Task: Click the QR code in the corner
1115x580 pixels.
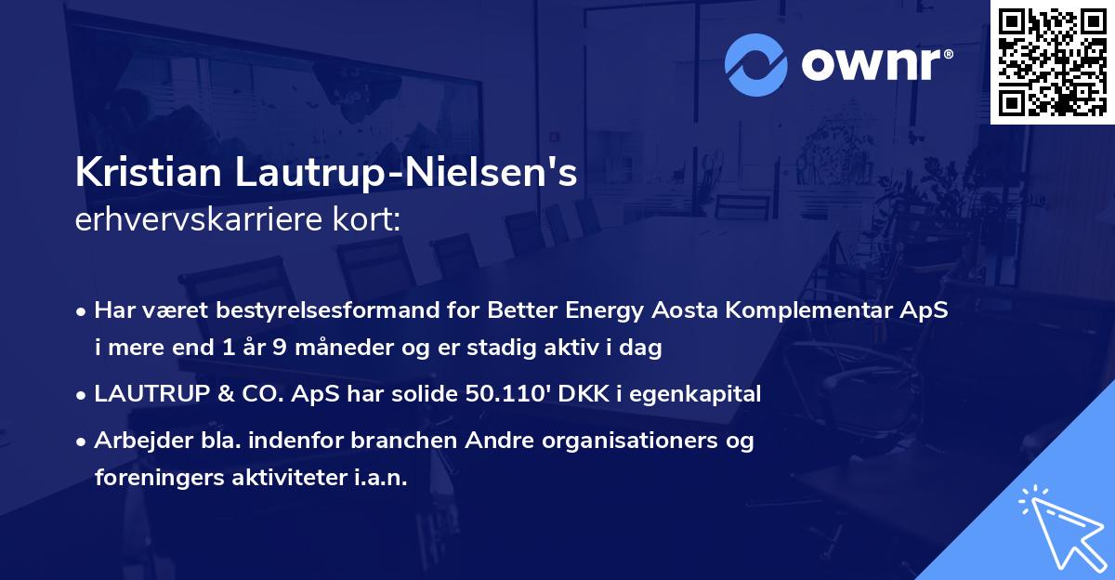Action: click(x=1051, y=62)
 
